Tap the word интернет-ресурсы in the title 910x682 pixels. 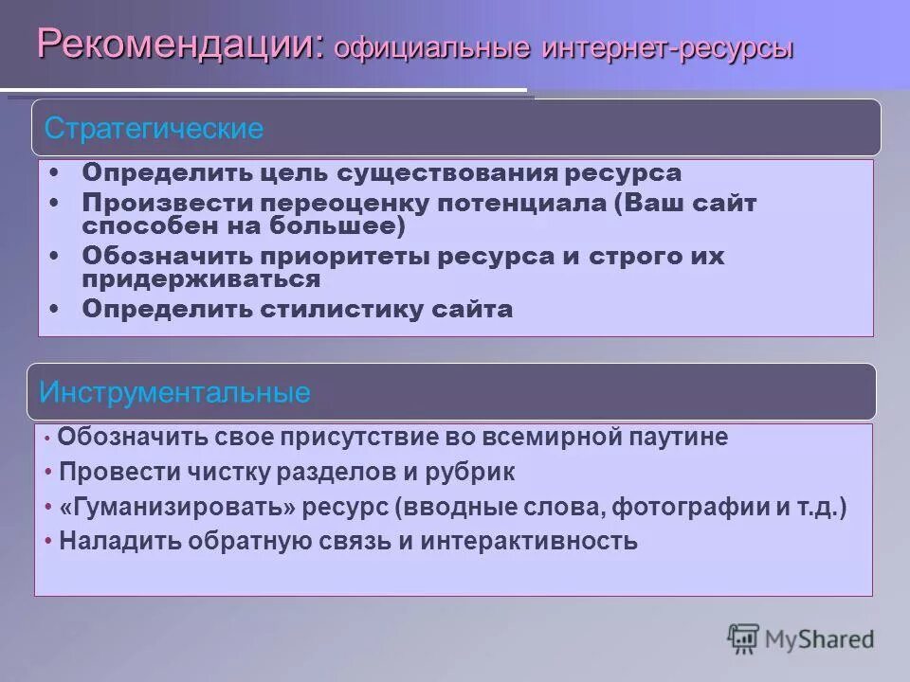coord(667,48)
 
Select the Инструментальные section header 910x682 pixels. coord(175,392)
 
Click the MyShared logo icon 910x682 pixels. coord(743,638)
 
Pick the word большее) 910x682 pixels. coord(346,226)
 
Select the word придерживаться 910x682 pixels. coord(201,279)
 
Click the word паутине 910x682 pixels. coord(677,438)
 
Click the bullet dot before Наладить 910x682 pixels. coord(48,542)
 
